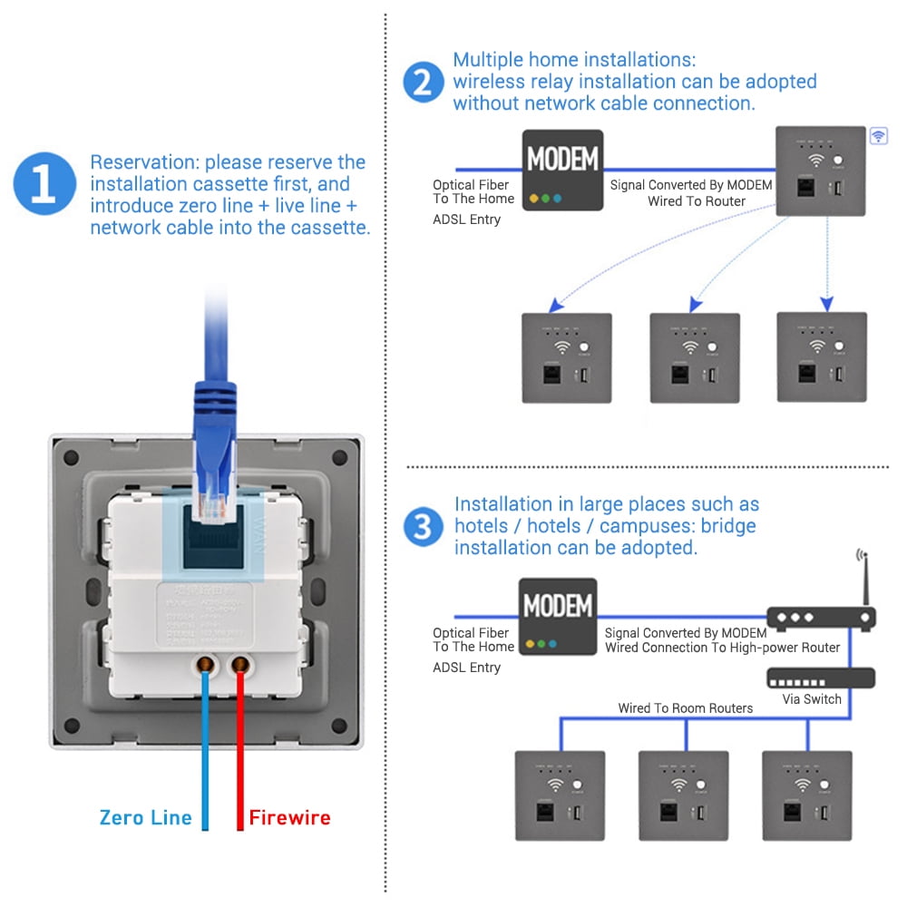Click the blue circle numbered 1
(x=44, y=184)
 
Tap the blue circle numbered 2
(x=422, y=83)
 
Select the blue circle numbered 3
(x=423, y=526)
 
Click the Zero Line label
(x=145, y=817)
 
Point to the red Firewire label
(x=290, y=817)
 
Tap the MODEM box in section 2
(x=562, y=171)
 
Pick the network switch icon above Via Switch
(x=821, y=678)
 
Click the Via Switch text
(x=812, y=699)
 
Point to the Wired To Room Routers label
(x=685, y=707)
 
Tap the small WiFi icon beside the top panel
(x=878, y=136)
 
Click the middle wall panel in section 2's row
(x=695, y=357)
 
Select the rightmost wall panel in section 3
(x=806, y=795)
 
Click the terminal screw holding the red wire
(x=240, y=666)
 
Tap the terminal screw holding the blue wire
(x=206, y=666)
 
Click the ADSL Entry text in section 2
(x=466, y=219)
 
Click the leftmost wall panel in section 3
(x=560, y=795)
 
